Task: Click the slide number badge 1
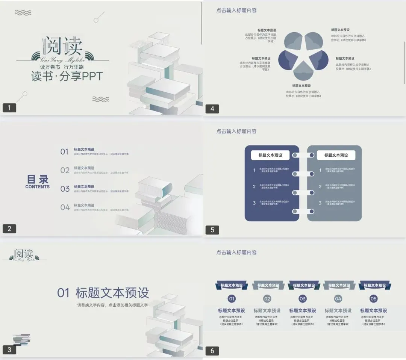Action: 9,108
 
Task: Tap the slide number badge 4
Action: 212,109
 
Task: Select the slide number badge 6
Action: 212,351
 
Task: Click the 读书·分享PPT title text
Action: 67,76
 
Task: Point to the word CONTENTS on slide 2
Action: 38,187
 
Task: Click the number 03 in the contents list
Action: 65,189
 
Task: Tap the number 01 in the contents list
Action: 65,152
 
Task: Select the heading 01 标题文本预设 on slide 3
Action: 103,293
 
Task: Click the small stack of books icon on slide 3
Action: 21,339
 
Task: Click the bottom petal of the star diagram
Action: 303,72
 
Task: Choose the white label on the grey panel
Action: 336,155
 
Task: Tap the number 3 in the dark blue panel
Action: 254,203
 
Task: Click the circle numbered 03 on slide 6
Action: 303,299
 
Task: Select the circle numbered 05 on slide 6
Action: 373,299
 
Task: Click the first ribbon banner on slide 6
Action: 232,286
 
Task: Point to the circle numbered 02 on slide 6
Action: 267,299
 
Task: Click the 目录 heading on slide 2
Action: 38,179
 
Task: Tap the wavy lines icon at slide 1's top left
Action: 23,13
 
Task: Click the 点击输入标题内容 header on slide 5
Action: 236,132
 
